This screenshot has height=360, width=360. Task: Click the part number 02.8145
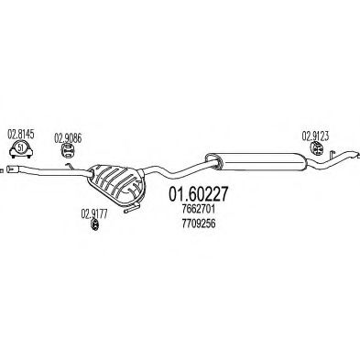click(x=20, y=134)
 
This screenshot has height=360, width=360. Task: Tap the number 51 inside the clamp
click(x=20, y=148)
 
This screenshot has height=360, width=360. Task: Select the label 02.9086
click(x=68, y=138)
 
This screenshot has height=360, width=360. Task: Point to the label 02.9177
click(x=93, y=213)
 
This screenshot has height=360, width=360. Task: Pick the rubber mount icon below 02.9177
click(x=94, y=225)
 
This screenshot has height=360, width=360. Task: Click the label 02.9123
click(x=315, y=136)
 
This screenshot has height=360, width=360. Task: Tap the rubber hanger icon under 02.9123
click(x=318, y=148)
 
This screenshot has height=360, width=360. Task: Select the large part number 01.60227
click(x=198, y=193)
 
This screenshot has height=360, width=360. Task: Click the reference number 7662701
click(x=198, y=210)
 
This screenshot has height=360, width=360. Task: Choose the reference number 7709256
click(x=198, y=224)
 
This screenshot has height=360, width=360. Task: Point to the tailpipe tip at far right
click(x=355, y=155)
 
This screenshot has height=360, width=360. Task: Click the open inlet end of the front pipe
click(x=9, y=168)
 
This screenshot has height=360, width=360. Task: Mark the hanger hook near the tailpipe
click(x=332, y=154)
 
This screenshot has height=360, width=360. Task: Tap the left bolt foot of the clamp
click(x=13, y=156)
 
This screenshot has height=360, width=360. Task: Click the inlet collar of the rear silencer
click(x=213, y=160)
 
